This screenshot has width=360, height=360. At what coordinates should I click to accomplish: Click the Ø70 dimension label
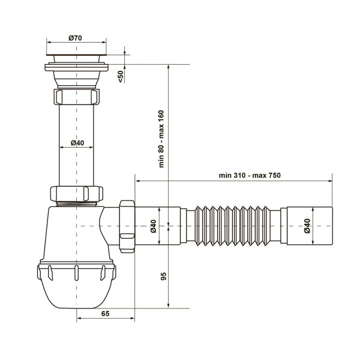[x=76, y=38]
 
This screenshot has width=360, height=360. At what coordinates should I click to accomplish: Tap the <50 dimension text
[x=121, y=76]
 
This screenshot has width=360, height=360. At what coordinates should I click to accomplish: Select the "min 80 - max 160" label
[x=161, y=139]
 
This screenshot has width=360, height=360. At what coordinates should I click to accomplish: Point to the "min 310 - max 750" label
[x=250, y=175]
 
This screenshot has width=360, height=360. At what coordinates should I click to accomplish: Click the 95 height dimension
[x=163, y=276]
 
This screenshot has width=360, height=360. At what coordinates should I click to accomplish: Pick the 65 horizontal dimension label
[x=106, y=313]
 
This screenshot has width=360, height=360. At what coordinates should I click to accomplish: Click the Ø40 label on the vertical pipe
[x=77, y=143]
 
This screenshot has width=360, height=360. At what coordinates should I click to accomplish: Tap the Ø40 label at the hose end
[x=307, y=226]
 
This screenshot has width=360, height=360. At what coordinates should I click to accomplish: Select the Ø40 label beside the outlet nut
[x=154, y=226]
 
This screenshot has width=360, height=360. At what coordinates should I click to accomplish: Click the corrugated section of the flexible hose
[x=232, y=226]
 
